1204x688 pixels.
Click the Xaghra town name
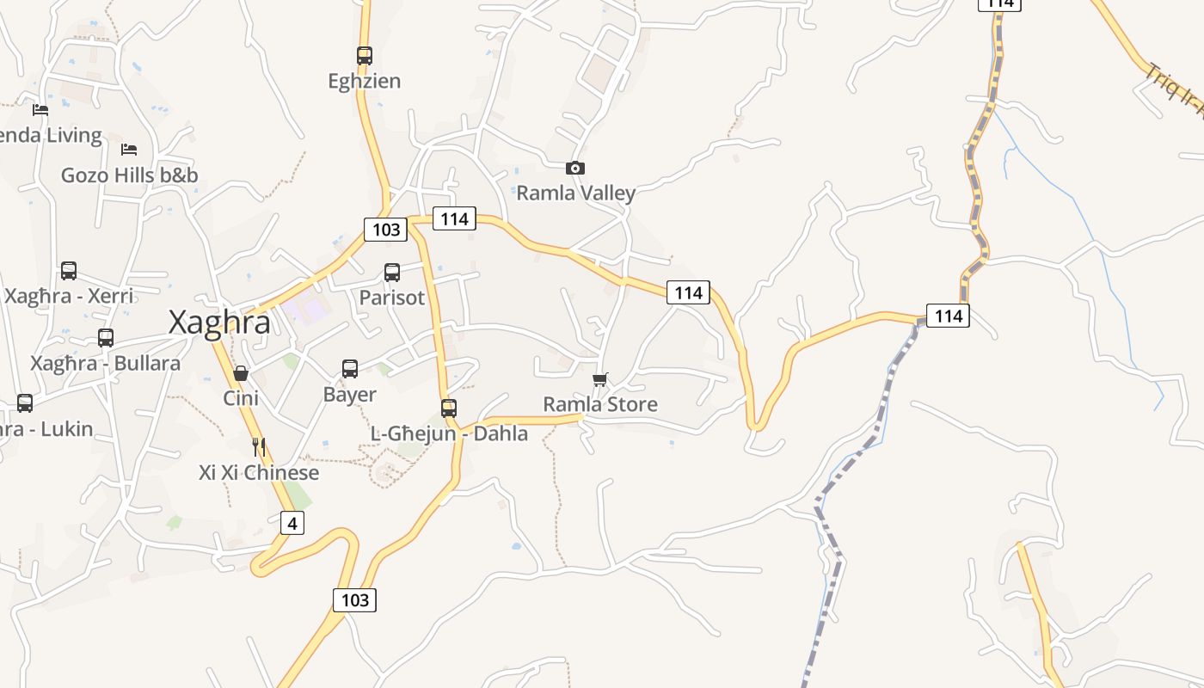click(219, 322)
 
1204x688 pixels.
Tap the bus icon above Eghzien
click(365, 55)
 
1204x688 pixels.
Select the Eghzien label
click(365, 81)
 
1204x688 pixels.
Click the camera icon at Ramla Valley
click(575, 168)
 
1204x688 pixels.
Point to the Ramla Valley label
click(575, 193)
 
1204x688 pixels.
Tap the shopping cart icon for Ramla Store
click(600, 379)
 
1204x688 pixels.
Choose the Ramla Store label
click(600, 404)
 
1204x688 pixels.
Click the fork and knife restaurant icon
click(259, 447)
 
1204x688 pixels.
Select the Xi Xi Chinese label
click(259, 473)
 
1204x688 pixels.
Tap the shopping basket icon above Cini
click(241, 373)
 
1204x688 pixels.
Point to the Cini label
click(241, 398)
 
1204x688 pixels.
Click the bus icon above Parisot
click(392, 273)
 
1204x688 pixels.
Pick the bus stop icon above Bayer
click(350, 369)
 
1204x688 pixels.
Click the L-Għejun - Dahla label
click(449, 433)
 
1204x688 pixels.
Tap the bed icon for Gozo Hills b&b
click(129, 150)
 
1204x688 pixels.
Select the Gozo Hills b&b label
click(129, 175)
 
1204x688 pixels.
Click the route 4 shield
click(292, 522)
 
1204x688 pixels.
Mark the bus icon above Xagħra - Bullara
click(106, 338)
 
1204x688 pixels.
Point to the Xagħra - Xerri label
click(69, 297)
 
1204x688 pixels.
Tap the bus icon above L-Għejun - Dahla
click(449, 408)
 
